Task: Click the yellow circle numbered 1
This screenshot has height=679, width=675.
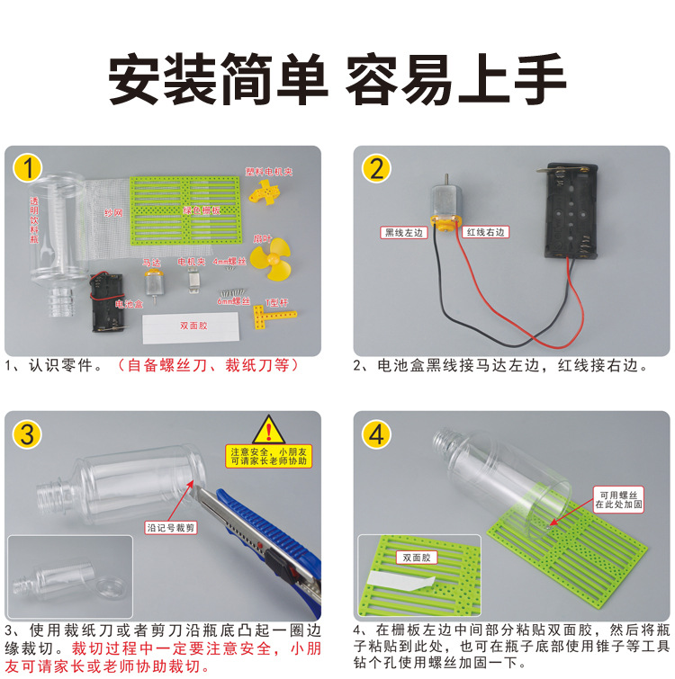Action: coord(30,168)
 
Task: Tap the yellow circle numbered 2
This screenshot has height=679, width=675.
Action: coord(377,168)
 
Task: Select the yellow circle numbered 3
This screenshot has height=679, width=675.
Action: coord(30,434)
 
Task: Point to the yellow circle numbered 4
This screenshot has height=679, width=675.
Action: coord(377,434)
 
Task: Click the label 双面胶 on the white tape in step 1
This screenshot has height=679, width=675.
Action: coord(193,326)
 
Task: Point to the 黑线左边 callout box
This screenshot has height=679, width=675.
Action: coord(403,232)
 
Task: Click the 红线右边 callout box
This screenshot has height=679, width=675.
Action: coord(487,232)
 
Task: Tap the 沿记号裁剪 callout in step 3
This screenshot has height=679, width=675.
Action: coord(171,527)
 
